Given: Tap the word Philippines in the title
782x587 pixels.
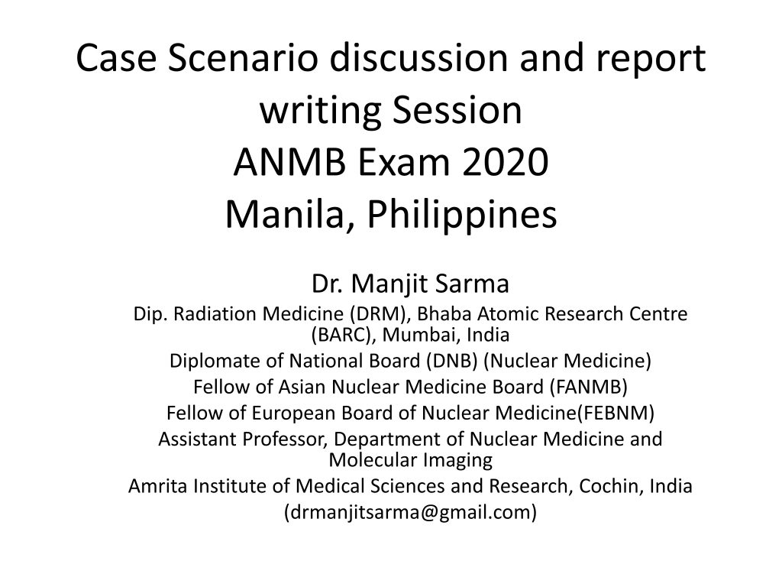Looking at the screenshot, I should tap(460, 214).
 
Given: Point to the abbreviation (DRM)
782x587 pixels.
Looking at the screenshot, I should tap(382, 314).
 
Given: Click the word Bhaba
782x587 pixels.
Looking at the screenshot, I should tap(446, 314).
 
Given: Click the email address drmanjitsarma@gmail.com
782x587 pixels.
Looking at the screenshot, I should tap(411, 512).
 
